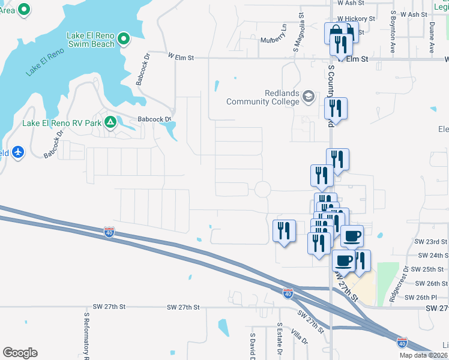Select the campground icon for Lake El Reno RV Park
tap(110, 123)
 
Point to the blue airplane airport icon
tap(17, 152)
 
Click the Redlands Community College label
tap(263, 97)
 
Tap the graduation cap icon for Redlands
tap(309, 97)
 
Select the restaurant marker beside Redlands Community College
tap(336, 109)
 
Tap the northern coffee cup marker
tap(352, 236)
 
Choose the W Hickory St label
tap(356, 19)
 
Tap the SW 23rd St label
tap(431, 241)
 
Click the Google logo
tap(20, 353)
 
